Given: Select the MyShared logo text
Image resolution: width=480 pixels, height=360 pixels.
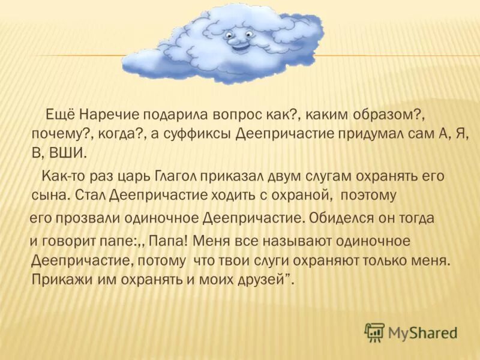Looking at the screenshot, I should (x=422, y=332).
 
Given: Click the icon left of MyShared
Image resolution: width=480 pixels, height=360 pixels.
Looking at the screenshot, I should (x=375, y=331).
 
